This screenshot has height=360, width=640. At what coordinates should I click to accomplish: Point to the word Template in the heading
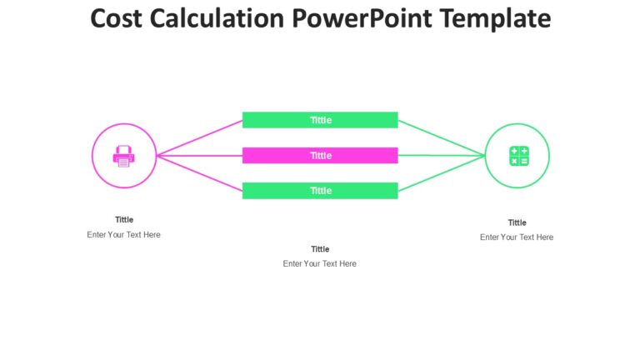tap(499, 18)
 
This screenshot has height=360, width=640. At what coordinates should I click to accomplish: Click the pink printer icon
tap(123, 156)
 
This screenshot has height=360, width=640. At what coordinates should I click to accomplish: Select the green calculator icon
tap(517, 156)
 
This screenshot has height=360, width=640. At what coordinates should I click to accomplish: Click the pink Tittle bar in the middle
tap(320, 156)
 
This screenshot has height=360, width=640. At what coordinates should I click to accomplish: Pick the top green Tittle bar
tap(320, 120)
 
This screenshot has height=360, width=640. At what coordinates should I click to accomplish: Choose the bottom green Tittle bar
tap(320, 191)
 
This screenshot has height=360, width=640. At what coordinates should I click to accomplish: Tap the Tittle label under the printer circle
tap(124, 220)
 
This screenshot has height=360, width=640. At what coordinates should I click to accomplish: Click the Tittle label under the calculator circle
tap(517, 222)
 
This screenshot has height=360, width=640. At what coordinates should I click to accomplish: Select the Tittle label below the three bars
tap(320, 249)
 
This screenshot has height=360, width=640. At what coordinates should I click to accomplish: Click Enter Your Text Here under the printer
tap(124, 235)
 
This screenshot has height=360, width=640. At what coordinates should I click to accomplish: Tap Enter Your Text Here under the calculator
tap(517, 237)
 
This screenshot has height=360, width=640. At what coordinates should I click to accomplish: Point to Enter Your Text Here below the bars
tap(320, 264)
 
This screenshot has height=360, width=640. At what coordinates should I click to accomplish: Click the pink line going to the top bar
tap(200, 138)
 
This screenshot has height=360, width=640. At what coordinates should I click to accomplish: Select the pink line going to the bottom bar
tap(200, 173)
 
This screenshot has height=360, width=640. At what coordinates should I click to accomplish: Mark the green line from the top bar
tap(442, 138)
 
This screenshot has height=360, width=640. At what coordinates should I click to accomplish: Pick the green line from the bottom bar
tap(442, 174)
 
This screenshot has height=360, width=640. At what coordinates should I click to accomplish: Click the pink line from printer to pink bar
tap(200, 156)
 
